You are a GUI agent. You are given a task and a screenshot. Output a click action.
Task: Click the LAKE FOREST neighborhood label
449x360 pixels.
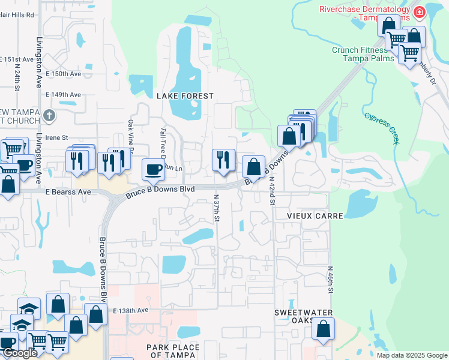pos(185,96)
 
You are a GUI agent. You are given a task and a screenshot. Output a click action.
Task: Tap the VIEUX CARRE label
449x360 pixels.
pos(306,215)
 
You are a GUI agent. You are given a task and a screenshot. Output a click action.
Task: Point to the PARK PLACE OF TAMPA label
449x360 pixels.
pos(171,351)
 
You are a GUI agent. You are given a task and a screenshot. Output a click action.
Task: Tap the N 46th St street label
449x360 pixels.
pos(330,280)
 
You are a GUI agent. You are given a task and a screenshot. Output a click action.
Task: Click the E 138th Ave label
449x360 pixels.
pos(130,310)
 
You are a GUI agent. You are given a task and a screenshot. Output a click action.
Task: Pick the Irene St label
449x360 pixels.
pos(57,137)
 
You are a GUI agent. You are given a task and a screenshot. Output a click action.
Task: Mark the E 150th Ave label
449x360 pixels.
pos(63,74)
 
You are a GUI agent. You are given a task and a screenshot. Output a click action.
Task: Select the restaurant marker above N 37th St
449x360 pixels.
pos(223,160)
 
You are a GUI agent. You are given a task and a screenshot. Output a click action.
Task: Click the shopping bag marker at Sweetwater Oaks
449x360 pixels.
pos(323,329)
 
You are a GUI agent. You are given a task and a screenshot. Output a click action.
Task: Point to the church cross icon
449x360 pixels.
pos(49,115)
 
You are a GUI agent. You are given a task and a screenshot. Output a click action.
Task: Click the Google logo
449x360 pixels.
pos(20,353)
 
